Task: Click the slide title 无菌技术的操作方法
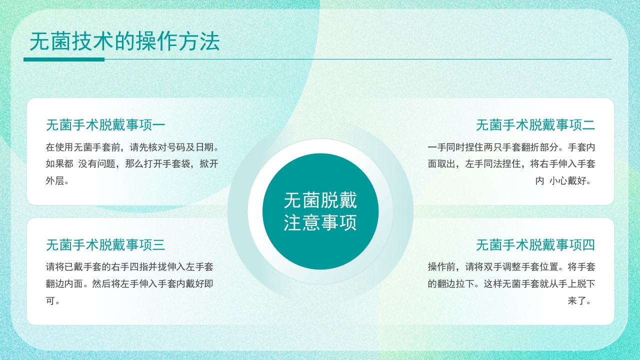(x=125, y=42)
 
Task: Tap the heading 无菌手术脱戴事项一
(x=105, y=125)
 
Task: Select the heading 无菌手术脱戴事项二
(x=535, y=125)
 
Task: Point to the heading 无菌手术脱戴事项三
(x=105, y=245)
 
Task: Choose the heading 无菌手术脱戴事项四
(x=535, y=245)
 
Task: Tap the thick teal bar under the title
(x=64, y=59)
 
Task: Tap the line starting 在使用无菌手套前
(x=132, y=147)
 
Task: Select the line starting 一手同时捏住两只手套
(x=511, y=147)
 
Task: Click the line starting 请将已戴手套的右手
(x=129, y=267)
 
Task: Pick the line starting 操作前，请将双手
(x=511, y=267)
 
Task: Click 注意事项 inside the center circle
(x=320, y=223)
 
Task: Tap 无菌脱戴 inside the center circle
(x=320, y=201)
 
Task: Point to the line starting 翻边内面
(x=129, y=284)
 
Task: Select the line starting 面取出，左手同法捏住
(x=511, y=164)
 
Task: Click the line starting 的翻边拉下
(x=511, y=284)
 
